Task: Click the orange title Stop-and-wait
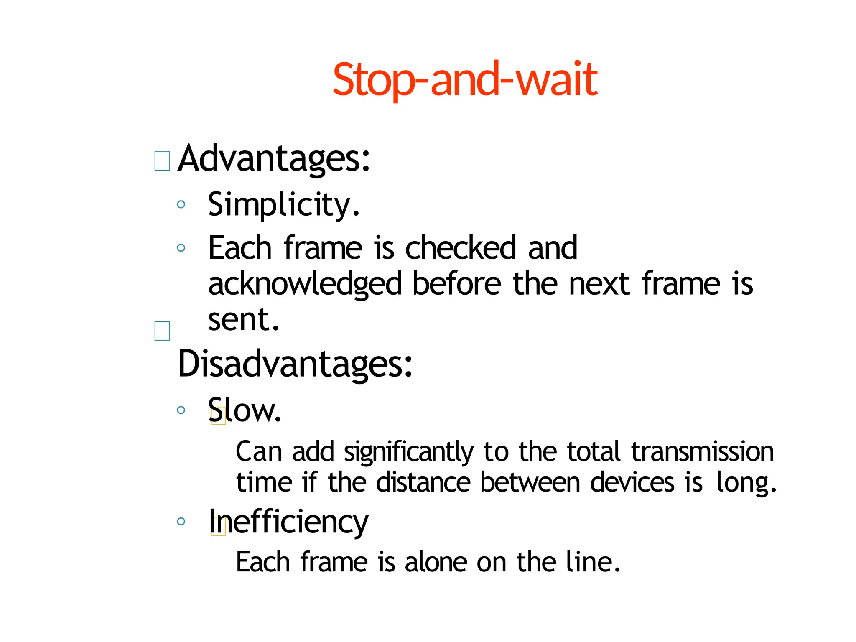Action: pos(465,79)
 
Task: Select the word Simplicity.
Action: pos(283,205)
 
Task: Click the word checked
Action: pos(460,248)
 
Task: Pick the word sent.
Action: pos(243,320)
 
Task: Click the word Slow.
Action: pos(245,410)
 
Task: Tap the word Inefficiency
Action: pos(288,522)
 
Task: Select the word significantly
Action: pos(408,453)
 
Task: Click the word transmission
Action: pos(702,452)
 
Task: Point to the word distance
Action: pos(423,483)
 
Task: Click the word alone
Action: pos(436,562)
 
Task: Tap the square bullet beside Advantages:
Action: pos(162,161)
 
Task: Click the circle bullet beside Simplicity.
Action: pos(181,204)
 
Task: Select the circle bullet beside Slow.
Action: pos(181,410)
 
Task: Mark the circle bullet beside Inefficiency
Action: pos(181,521)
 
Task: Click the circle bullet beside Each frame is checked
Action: pos(181,248)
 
